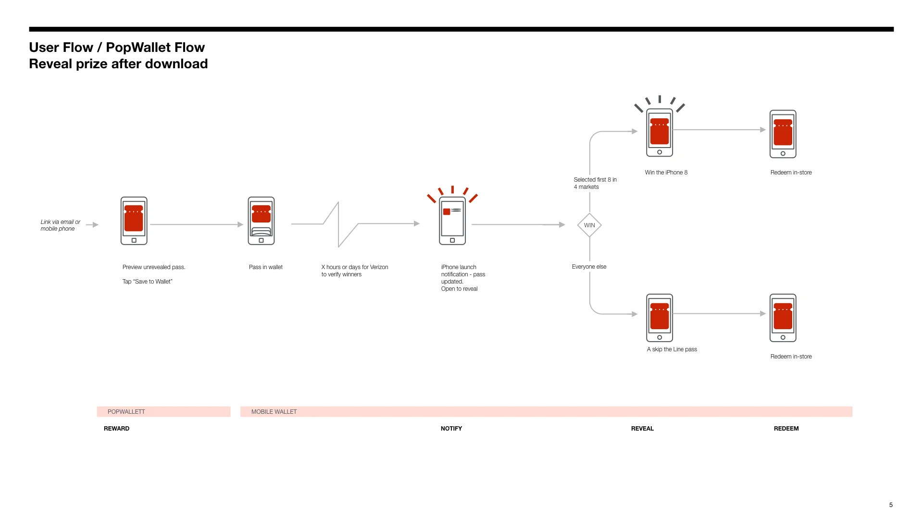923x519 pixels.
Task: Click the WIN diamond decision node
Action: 589,225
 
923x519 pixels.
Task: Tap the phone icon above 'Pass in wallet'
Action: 261,221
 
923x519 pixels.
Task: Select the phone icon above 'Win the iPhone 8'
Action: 659,133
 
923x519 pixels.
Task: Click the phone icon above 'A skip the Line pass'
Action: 659,318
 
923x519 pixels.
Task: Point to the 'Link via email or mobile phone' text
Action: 60,225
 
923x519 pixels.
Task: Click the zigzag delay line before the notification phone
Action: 339,224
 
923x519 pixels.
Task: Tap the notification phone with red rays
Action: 452,221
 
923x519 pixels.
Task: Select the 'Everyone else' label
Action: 589,267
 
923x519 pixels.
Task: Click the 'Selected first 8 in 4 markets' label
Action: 595,183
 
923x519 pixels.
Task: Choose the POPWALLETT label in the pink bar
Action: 126,412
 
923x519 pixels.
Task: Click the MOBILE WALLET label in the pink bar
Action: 274,412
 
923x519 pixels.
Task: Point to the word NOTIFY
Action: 451,429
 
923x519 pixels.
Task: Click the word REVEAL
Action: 642,429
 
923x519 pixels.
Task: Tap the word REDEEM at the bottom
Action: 786,429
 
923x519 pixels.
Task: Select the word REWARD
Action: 116,429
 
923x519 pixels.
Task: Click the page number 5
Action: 891,505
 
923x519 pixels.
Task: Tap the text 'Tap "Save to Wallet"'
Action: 147,282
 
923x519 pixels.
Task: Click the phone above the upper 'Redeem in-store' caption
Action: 783,134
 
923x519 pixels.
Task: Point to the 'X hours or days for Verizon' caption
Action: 354,267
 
